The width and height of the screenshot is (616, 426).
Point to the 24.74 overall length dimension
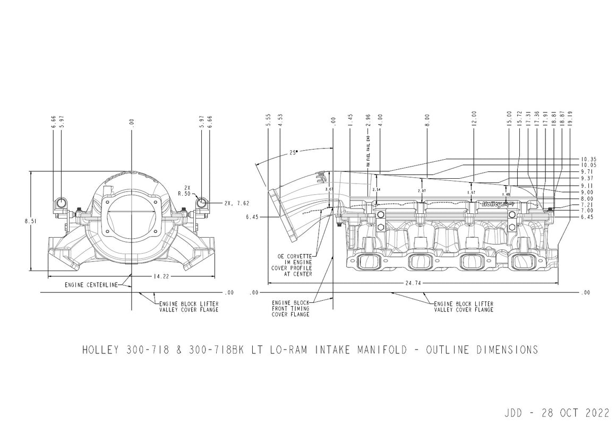point(414,283)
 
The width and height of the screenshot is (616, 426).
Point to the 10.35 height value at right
point(588,159)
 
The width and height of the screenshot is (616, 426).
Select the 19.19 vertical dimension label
point(570,119)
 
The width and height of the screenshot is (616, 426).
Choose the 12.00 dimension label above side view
point(474,119)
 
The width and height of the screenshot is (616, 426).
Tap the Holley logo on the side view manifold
point(497,203)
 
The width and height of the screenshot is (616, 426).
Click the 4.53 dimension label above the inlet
point(280,119)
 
